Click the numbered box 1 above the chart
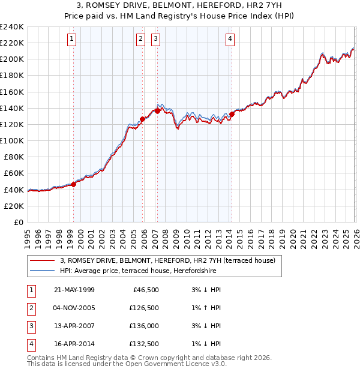click(x=72, y=40)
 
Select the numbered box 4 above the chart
click(x=230, y=40)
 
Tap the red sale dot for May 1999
click(x=73, y=184)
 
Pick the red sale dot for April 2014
click(x=232, y=114)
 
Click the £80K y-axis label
click(x=14, y=157)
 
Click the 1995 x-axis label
click(x=28, y=234)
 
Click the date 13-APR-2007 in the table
click(x=74, y=326)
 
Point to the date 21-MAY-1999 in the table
click(x=74, y=290)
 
